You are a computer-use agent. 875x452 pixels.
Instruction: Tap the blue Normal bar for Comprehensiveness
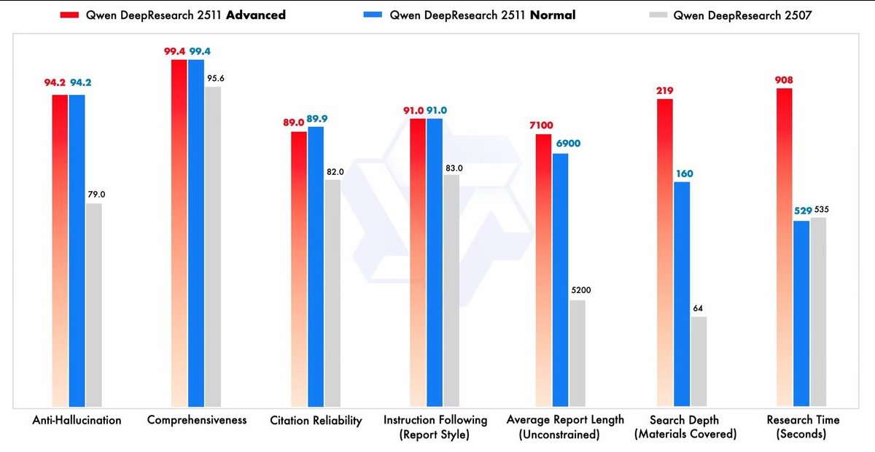point(196,233)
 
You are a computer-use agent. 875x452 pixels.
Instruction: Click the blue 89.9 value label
point(316,119)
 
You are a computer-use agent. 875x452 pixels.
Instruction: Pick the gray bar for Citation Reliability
point(332,292)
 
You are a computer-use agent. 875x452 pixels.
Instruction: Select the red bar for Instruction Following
point(418,262)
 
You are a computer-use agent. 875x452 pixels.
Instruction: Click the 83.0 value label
point(452,168)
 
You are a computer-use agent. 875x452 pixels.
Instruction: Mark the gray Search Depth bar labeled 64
point(699,361)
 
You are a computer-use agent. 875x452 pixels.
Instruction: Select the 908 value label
point(784,80)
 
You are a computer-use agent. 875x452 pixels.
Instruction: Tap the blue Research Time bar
point(801,313)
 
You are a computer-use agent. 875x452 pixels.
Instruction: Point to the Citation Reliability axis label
point(316,421)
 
